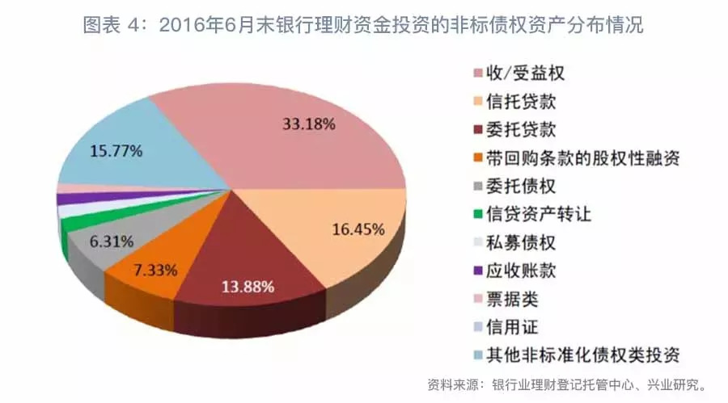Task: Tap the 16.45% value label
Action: [x=358, y=229]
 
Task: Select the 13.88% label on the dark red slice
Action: [x=248, y=286]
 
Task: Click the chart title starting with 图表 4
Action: [x=363, y=25]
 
